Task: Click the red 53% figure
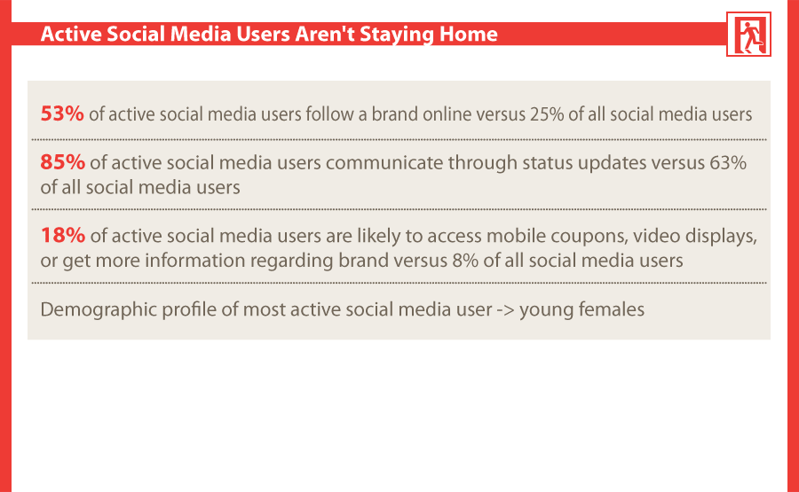(x=62, y=113)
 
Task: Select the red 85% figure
(x=63, y=162)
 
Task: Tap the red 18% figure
(x=63, y=236)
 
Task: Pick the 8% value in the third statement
(x=465, y=261)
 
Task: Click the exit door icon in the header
(x=748, y=34)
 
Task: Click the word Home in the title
(x=468, y=34)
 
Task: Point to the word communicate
(x=384, y=163)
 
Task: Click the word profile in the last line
(x=190, y=310)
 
